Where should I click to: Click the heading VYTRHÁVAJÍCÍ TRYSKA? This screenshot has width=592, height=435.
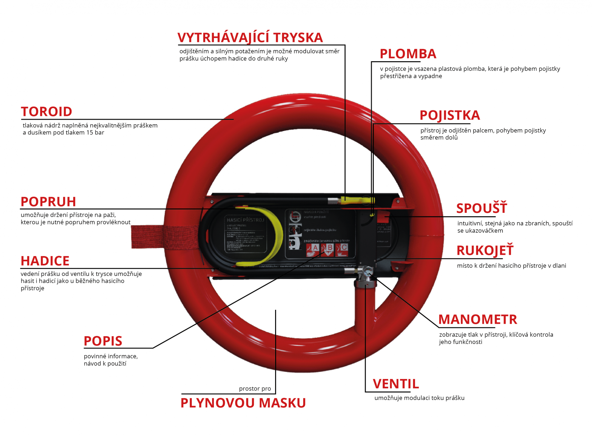(250, 38)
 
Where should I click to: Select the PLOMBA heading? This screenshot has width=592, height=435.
(408, 54)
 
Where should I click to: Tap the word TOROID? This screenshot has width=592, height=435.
(46, 112)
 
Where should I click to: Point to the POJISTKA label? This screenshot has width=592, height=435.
(450, 115)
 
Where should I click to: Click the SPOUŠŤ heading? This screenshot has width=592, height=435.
(481, 208)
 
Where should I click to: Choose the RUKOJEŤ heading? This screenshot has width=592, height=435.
(485, 251)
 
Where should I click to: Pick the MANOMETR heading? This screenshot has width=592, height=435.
(478, 319)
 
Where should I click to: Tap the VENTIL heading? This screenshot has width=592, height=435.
(396, 384)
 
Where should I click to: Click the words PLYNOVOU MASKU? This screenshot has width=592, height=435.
(243, 403)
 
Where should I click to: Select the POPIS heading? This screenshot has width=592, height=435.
(103, 341)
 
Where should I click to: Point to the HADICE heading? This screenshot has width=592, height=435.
(45, 261)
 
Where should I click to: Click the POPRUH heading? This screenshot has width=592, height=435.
(48, 202)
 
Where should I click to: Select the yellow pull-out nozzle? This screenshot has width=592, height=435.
(358, 200)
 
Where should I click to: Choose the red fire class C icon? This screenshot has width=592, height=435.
(342, 249)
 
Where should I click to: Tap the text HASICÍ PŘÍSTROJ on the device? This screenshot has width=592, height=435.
(245, 220)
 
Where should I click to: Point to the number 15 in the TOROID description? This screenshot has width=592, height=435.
(90, 133)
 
